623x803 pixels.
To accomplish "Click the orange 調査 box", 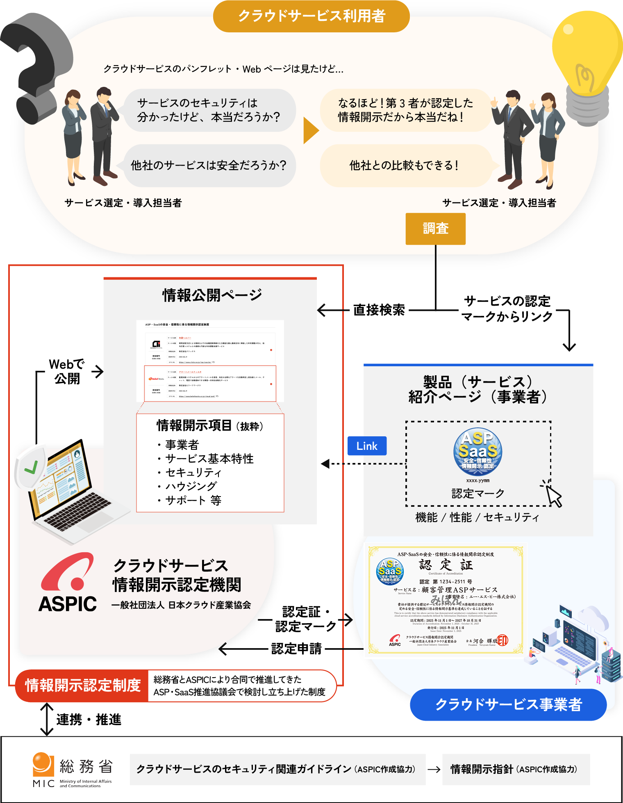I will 435,229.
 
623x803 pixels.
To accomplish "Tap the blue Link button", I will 367,446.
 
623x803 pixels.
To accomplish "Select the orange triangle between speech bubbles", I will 310,131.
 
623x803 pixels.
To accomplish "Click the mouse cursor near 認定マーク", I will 553,495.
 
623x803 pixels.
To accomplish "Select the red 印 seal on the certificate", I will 502,640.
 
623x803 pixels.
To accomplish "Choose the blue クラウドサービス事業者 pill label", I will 508,705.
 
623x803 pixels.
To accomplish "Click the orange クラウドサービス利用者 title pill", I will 311,16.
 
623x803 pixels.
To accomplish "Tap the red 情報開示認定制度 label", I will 82,685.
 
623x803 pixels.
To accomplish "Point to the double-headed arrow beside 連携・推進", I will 47,719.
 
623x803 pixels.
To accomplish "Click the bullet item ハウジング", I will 191,486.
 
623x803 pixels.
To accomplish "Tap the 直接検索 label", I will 379,310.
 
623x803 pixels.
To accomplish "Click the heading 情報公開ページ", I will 211,295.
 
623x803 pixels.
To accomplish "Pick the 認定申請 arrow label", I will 296,649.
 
